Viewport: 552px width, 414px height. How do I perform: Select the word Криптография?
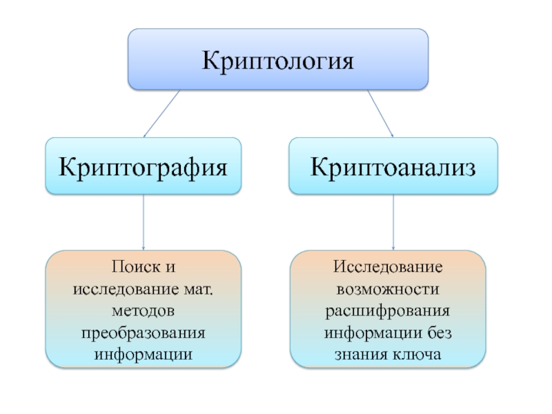coord(144,166)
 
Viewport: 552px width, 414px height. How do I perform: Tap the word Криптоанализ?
coord(393,166)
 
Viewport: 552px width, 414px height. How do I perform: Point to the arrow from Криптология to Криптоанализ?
coord(379,114)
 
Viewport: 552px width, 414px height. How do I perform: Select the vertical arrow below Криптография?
coord(144,221)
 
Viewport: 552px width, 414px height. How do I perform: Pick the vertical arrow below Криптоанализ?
coord(393,221)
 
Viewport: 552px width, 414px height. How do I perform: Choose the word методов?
coord(144,303)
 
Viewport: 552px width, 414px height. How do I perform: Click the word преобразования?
coord(144,321)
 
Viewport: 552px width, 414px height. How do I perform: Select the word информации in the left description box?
coord(144,339)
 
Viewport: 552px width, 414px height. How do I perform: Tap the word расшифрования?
coord(388,303)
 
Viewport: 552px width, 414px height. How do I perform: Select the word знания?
coord(363,339)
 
